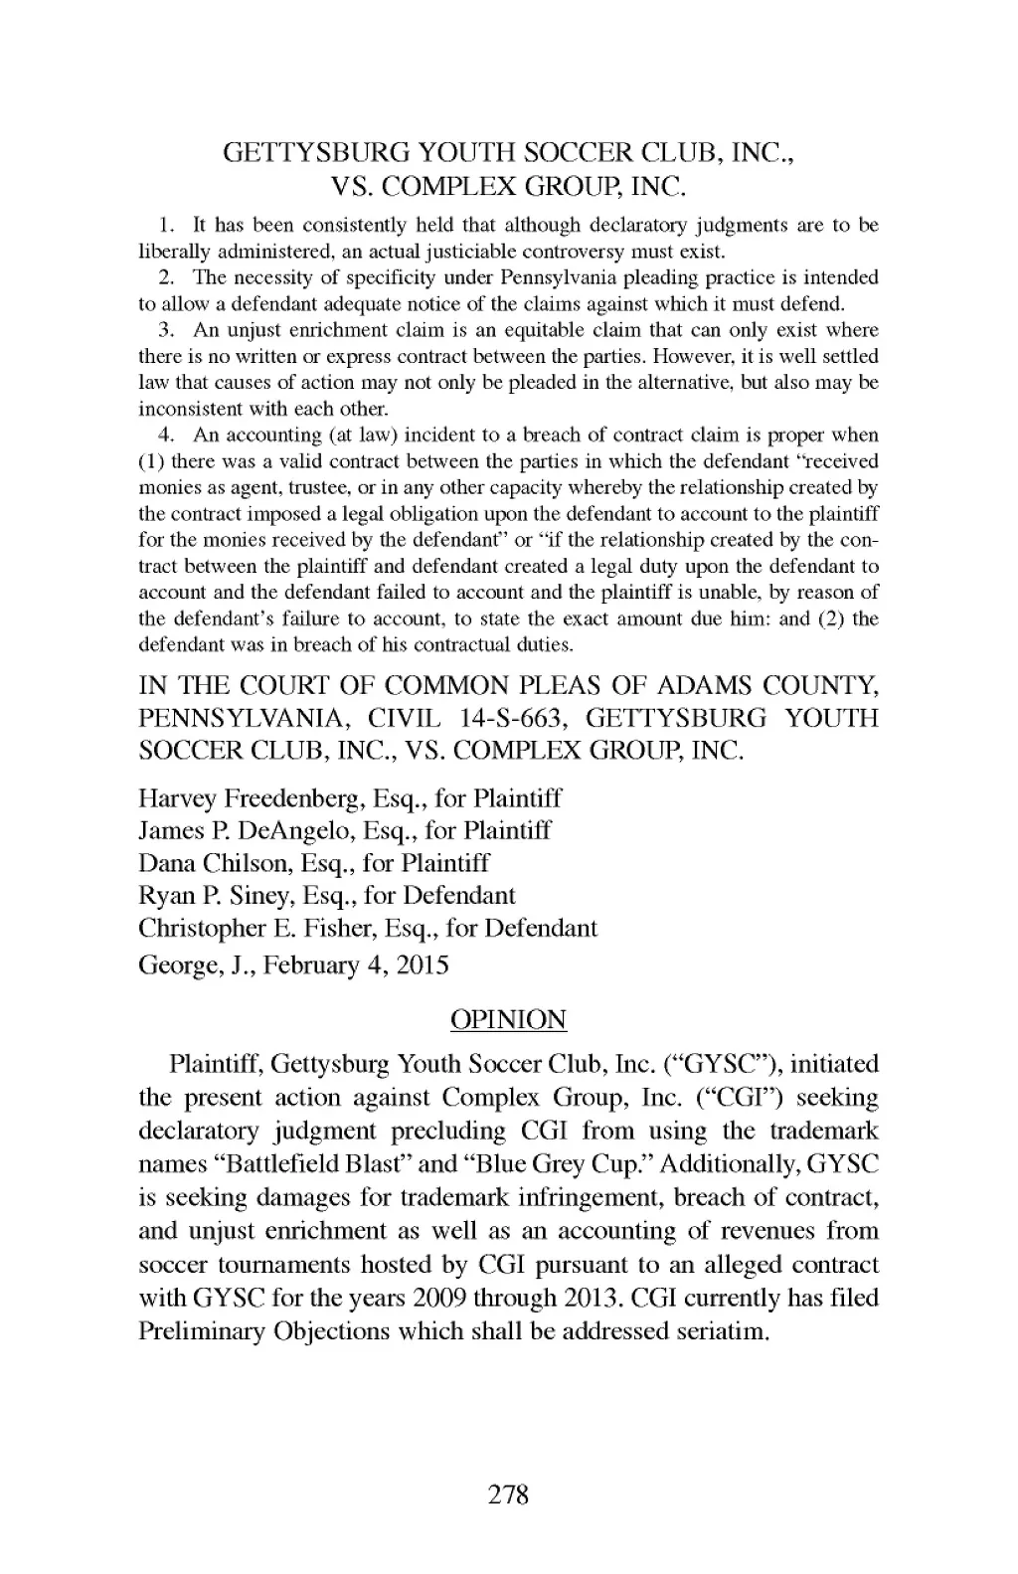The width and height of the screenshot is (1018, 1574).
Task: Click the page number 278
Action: coord(509,1494)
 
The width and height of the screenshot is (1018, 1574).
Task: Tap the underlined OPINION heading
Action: coord(508,1020)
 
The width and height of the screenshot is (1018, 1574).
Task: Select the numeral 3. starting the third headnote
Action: coord(166,330)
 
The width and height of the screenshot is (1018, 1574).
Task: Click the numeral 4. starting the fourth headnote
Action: coord(166,435)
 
